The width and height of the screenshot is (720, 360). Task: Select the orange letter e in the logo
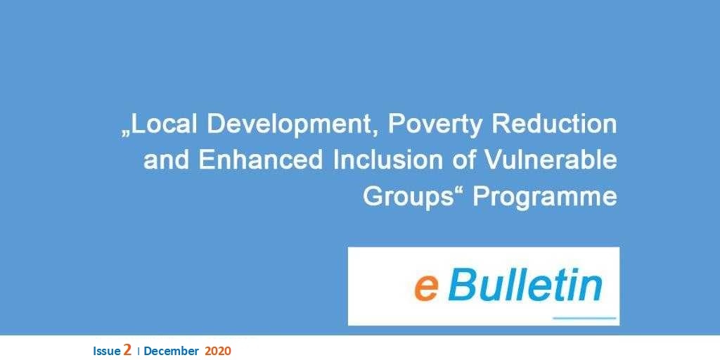[x=426, y=288]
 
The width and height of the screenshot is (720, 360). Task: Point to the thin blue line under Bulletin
[x=584, y=318]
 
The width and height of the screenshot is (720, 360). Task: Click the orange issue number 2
[x=127, y=350]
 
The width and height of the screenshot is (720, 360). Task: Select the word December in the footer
[x=172, y=352]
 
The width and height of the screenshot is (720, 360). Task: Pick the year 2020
[x=218, y=352]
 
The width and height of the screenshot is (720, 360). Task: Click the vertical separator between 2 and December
[x=139, y=352]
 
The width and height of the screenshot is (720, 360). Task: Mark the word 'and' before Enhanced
[x=167, y=160]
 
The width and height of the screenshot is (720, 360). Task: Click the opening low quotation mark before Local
[x=126, y=133]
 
